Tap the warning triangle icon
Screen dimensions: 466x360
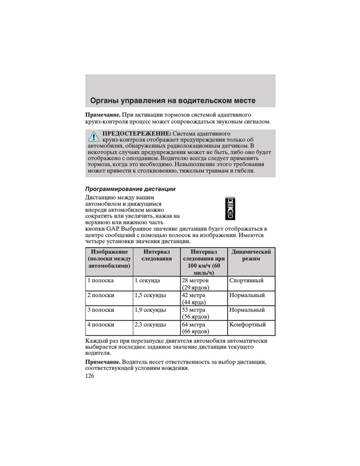click(94, 136)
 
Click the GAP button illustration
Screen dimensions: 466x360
click(229, 209)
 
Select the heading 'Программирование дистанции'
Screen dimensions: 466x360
click(130, 189)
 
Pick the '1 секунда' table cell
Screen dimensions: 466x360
click(147, 281)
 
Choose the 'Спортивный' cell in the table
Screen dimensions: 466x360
click(246, 281)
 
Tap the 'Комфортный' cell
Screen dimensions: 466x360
click(247, 325)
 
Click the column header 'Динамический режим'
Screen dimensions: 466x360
click(251, 255)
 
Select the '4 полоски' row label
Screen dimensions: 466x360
click(101, 325)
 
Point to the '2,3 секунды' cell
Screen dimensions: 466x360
click(150, 325)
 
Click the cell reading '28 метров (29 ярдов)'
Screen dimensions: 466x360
click(195, 284)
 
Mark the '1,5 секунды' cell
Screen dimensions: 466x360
click(150, 296)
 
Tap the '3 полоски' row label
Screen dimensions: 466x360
click(101, 310)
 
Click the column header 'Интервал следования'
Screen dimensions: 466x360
click(157, 255)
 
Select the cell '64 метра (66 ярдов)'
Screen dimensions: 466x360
click(195, 328)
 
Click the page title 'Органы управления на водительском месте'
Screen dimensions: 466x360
click(172, 100)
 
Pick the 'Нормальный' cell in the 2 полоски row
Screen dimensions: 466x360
click(247, 296)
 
